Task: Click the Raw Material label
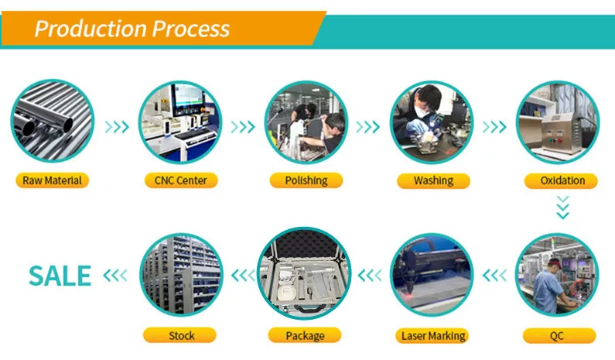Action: pyautogui.click(x=52, y=180)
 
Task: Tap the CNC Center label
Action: pyautogui.click(x=181, y=180)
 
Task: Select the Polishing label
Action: pyautogui.click(x=306, y=180)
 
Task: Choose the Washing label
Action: pyautogui.click(x=433, y=180)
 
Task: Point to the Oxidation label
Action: pyautogui.click(x=561, y=180)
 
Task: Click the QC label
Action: pyautogui.click(x=559, y=336)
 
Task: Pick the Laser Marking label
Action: pyautogui.click(x=432, y=336)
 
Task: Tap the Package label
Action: pyautogui.click(x=305, y=335)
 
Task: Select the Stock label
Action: pyautogui.click(x=179, y=335)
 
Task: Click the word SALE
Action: pyautogui.click(x=60, y=276)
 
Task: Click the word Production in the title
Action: pyautogui.click(x=91, y=29)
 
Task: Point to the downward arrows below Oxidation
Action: pyautogui.click(x=563, y=207)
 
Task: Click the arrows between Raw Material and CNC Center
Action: pyautogui.click(x=117, y=127)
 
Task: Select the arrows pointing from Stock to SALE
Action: pyautogui.click(x=115, y=275)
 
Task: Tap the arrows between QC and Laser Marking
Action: pyautogui.click(x=494, y=275)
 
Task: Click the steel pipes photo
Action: pyautogui.click(x=52, y=121)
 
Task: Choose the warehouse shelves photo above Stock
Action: pyautogui.click(x=181, y=274)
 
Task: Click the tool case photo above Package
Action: pyautogui.click(x=304, y=273)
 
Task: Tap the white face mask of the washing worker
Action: pyautogui.click(x=422, y=111)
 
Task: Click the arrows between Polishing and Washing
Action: pyautogui.click(x=368, y=127)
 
